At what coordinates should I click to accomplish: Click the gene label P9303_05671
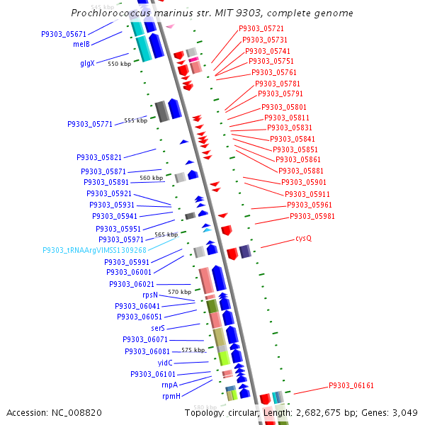click(x=64, y=34)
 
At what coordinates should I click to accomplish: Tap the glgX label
click(x=86, y=63)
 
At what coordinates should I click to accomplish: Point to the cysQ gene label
click(x=303, y=238)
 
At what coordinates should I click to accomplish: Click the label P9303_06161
click(x=351, y=386)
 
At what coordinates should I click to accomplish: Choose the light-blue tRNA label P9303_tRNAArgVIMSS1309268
click(x=94, y=250)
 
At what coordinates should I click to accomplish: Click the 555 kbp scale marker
click(x=135, y=120)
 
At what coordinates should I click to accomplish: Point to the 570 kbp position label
click(x=178, y=292)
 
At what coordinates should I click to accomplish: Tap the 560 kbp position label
click(x=151, y=178)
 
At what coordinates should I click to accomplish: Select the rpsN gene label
click(x=149, y=295)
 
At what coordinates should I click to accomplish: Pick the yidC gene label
click(x=165, y=363)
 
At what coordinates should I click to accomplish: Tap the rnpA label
click(x=169, y=385)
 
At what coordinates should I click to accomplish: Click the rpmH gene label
click(x=171, y=397)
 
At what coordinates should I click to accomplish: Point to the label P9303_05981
click(x=312, y=217)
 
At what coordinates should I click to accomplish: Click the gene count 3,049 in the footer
click(x=407, y=412)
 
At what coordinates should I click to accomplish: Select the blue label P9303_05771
click(x=90, y=124)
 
